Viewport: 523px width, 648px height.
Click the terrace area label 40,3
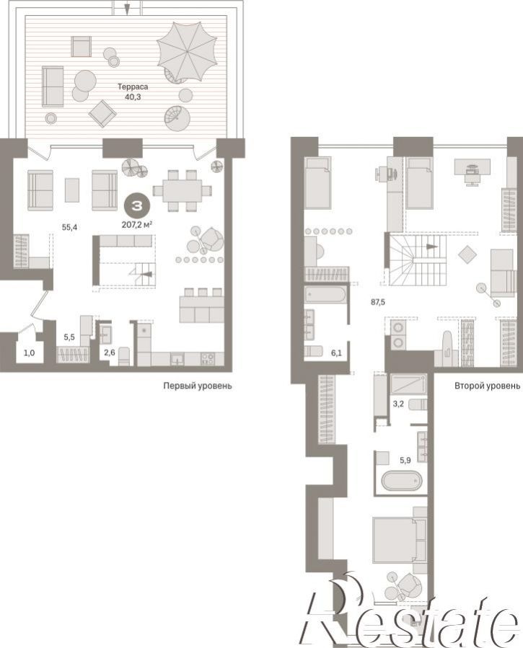133,97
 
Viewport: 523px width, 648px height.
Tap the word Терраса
133,86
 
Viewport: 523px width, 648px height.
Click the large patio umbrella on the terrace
187,52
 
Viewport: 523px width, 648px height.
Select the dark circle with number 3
136,206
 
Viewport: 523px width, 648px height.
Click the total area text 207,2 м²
137,225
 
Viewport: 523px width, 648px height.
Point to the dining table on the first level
183,190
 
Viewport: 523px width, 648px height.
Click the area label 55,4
69,227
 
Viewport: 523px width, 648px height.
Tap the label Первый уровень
198,386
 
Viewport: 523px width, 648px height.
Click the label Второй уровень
488,386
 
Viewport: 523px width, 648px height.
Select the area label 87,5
378,302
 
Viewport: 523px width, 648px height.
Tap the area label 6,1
337,353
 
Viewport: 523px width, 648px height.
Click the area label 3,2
398,404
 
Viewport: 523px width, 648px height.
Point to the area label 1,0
29,353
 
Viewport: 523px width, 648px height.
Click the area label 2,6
110,352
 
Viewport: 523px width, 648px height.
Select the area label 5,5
69,337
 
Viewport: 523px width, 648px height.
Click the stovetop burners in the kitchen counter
208,359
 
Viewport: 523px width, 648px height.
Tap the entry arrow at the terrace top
127,7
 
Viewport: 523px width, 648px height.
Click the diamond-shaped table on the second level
467,254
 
